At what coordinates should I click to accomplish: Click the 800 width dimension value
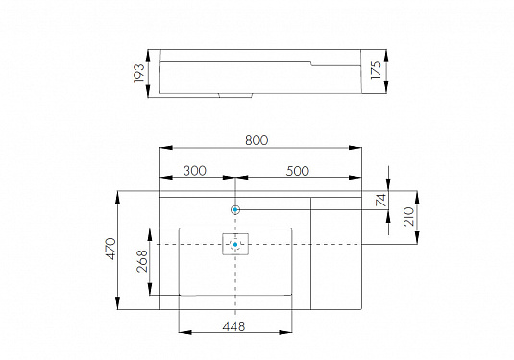tap(257, 140)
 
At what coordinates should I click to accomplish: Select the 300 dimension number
tap(195, 171)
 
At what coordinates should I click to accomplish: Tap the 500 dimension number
tap(297, 171)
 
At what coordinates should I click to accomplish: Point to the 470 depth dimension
tap(111, 249)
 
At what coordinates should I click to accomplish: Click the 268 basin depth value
tap(142, 261)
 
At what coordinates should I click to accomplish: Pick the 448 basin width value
tap(233, 326)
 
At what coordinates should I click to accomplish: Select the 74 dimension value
tap(380, 200)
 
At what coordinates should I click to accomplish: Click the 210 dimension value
tap(408, 217)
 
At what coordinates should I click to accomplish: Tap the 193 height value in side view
tap(138, 73)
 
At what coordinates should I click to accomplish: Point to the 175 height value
tap(376, 70)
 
